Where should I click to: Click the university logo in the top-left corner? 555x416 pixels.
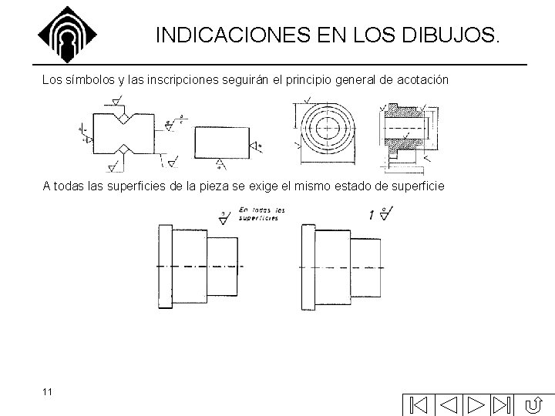click(68, 34)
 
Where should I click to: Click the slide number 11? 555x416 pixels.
click(48, 392)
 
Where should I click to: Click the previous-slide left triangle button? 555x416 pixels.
click(449, 404)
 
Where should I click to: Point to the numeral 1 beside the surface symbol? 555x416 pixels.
click(372, 216)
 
